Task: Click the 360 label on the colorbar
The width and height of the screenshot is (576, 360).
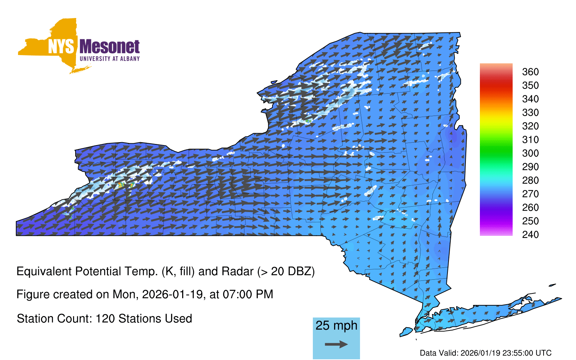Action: [530, 72]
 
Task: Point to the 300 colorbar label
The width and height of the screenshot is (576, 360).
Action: [530, 153]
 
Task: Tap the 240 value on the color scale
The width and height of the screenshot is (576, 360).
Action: [530, 234]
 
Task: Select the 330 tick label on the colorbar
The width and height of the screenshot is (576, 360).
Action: [530, 112]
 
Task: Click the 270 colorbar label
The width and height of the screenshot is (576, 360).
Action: [530, 194]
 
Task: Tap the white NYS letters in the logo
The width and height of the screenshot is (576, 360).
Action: [61, 46]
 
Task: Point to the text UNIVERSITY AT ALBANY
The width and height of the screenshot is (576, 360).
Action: [109, 59]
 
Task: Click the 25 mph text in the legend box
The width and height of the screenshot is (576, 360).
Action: [336, 325]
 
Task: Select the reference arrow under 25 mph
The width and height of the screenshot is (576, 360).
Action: [336, 344]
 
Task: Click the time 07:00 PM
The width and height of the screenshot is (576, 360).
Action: [248, 294]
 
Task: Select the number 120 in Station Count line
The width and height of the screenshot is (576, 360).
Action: [105, 319]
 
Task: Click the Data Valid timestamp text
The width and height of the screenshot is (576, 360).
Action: [486, 353]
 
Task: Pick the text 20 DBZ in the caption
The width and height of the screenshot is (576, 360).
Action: [291, 271]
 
